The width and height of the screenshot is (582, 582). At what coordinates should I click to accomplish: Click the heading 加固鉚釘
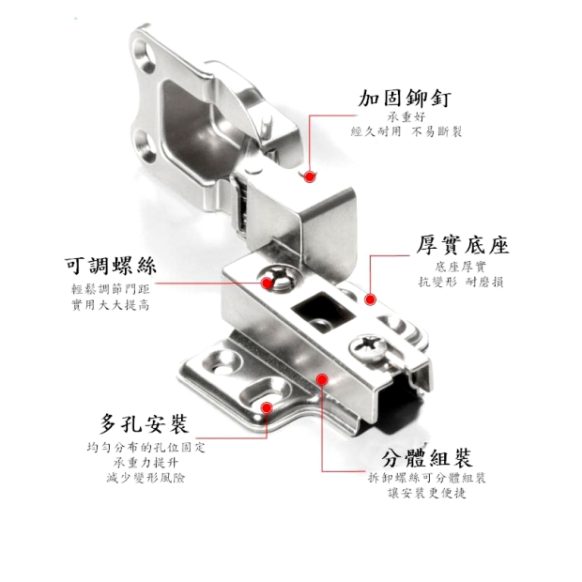(x=405, y=99)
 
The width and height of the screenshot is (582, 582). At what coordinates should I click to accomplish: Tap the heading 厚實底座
(x=462, y=245)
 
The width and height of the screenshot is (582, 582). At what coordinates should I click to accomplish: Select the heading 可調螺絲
(x=110, y=265)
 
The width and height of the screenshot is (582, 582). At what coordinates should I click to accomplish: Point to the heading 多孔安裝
(x=144, y=423)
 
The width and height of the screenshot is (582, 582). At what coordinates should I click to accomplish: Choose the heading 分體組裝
(x=427, y=458)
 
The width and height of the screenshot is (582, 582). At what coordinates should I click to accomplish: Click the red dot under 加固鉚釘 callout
(x=309, y=176)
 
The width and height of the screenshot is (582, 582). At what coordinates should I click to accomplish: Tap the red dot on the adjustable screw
(x=267, y=283)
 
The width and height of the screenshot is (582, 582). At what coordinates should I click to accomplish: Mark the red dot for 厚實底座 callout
(x=370, y=299)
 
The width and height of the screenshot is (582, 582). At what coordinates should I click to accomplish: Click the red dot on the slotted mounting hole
(x=267, y=407)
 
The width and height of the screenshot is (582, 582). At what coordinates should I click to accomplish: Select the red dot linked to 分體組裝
(x=322, y=379)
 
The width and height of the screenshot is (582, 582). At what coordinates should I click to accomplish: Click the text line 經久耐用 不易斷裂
(x=406, y=131)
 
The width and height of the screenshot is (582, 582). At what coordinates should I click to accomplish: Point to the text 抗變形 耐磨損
(x=461, y=283)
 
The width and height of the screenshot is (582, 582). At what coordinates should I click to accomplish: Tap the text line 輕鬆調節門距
(x=110, y=289)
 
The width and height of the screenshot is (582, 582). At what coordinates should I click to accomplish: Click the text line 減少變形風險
(x=145, y=477)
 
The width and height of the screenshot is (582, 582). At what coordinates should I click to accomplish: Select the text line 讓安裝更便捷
(x=427, y=493)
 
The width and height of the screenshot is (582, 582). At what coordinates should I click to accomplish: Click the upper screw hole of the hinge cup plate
(x=145, y=54)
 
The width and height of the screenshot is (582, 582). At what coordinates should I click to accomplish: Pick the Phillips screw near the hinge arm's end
(x=367, y=346)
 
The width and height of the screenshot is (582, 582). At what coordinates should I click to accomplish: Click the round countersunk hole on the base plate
(x=222, y=362)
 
